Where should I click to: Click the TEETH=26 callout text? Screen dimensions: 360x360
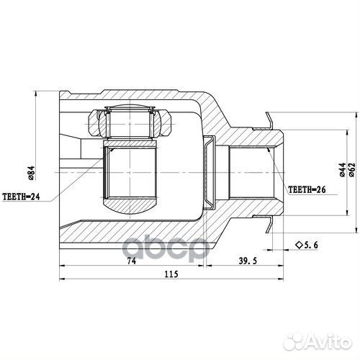(x=306, y=191)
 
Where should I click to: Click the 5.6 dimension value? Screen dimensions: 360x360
(x=312, y=246)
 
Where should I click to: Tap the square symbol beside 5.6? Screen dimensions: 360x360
(x=297, y=246)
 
